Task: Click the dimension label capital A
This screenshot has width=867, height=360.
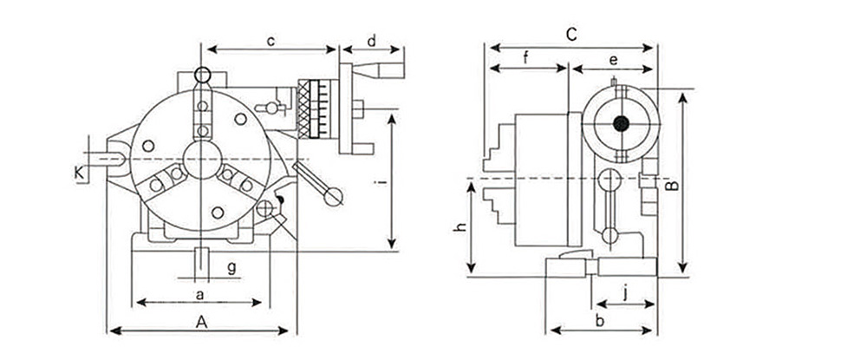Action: coord(201,322)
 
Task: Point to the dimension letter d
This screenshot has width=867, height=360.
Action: coord(372,41)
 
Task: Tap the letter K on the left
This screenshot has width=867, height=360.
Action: coord(80,173)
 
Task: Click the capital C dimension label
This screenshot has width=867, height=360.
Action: coord(571,34)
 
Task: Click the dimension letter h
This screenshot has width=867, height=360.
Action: coord(462,228)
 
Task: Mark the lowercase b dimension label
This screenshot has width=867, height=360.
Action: coord(599,321)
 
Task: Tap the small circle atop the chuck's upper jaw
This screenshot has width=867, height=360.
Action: coord(202,74)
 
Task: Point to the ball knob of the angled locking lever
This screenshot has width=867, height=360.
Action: coord(330,197)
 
